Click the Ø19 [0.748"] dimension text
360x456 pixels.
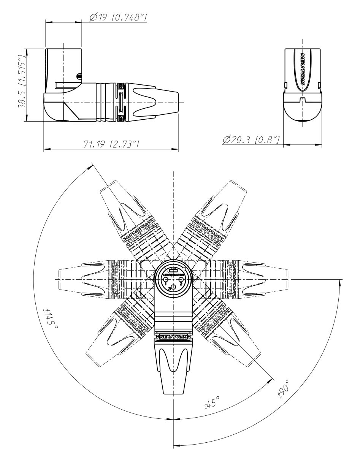point(118,17)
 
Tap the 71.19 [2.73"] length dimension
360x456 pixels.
point(111,144)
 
